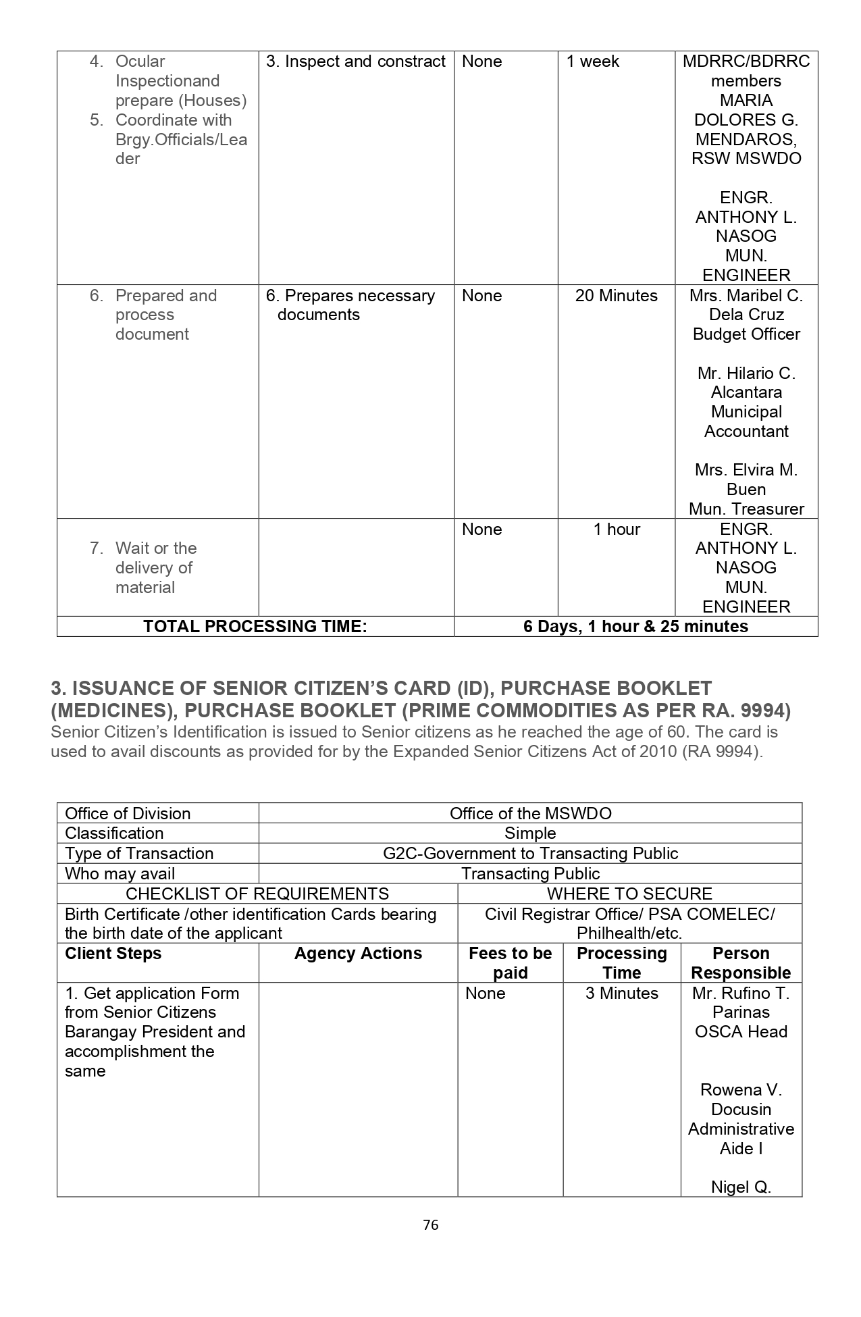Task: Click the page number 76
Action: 430,1225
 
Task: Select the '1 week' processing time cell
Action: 592,61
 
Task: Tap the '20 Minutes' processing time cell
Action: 616,296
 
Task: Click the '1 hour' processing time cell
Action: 617,530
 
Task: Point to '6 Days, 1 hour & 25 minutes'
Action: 635,626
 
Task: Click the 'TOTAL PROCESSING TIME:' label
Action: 255,626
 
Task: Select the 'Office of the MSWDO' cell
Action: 530,813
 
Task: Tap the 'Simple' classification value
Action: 530,833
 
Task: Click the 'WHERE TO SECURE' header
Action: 629,894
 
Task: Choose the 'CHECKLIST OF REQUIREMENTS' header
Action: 257,894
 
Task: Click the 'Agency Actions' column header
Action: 358,954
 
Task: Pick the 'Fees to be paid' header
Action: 510,963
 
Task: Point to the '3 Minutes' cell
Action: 621,993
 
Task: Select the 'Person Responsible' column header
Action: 741,963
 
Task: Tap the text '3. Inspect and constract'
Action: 356,61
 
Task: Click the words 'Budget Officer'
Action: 746,334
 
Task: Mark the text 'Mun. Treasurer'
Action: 746,509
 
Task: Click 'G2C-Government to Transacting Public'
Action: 530,854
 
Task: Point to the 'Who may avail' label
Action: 120,874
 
